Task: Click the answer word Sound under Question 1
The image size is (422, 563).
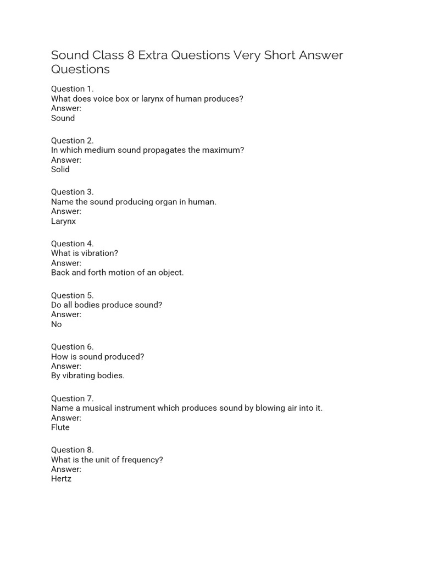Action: (63, 118)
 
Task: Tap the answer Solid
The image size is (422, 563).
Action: (60, 169)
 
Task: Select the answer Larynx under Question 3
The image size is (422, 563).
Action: (63, 221)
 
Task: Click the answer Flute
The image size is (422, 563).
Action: (60, 427)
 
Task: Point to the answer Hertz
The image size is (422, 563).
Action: (61, 479)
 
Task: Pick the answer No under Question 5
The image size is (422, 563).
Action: (57, 324)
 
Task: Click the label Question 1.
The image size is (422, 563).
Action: (73, 89)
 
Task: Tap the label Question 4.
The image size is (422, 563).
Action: (73, 244)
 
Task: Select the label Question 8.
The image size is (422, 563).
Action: (73, 450)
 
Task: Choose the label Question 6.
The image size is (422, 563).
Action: (73, 347)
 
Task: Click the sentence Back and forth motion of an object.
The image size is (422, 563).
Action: (118, 273)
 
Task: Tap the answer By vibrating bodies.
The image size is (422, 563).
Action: (88, 376)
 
